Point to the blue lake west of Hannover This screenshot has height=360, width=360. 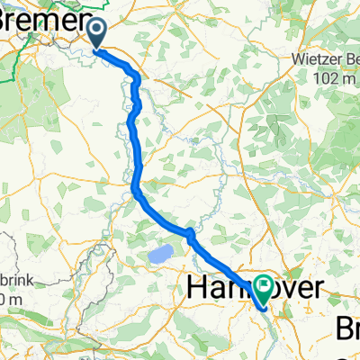(x=160, y=256)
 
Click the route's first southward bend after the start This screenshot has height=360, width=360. (x=137, y=79)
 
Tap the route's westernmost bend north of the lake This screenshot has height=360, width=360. (x=135, y=188)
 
